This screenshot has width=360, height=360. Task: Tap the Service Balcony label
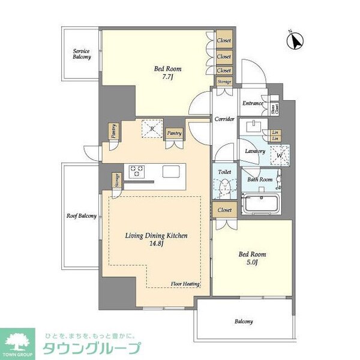coord(82,54)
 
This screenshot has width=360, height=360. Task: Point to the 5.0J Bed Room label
coord(251,258)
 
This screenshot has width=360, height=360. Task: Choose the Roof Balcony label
coord(81,216)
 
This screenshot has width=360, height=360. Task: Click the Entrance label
coord(253,103)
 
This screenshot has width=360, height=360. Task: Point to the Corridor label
coord(224,119)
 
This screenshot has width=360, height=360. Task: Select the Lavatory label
coord(255,151)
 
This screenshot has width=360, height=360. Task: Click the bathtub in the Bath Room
coord(260,203)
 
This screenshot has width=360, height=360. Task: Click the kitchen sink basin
coord(171,172)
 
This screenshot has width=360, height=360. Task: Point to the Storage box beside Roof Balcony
coord(116,180)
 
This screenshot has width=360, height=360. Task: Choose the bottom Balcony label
coord(243,322)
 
